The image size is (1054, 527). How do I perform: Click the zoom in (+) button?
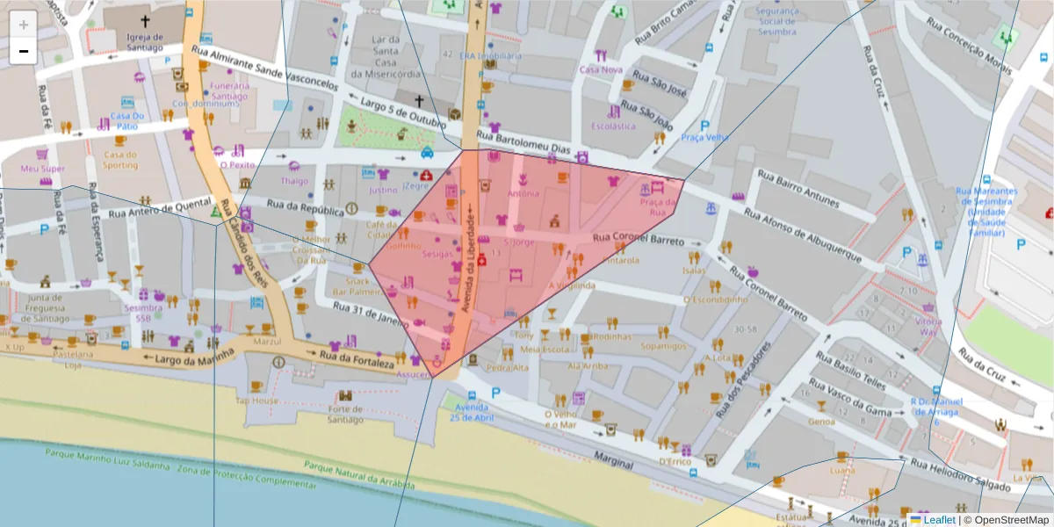[23, 24]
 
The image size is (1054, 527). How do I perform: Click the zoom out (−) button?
[23, 51]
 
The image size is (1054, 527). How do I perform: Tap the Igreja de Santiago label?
[145, 42]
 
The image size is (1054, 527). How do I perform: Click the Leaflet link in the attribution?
[939, 519]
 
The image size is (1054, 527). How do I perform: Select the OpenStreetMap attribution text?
[1007, 519]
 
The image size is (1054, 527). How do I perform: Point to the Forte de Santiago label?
[344, 414]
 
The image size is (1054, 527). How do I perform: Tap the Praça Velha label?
[704, 138]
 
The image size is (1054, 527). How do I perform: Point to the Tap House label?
[256, 401]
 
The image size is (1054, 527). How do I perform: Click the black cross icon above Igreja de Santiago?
[144, 19]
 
